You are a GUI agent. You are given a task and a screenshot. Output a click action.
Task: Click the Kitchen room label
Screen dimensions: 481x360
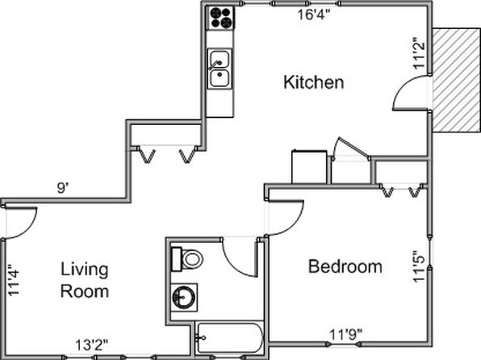pyautogui.click(x=313, y=82)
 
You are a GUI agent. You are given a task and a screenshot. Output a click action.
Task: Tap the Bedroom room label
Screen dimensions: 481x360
pyautogui.click(x=345, y=266)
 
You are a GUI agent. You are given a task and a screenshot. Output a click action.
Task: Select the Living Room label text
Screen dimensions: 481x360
pyautogui.click(x=85, y=280)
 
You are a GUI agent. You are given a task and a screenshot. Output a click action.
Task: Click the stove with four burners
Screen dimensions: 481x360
pyautogui.click(x=220, y=18)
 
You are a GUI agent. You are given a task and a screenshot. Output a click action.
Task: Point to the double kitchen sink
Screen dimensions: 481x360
pyautogui.click(x=220, y=69)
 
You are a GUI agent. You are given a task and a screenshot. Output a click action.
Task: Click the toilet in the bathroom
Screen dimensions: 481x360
pyautogui.click(x=187, y=259)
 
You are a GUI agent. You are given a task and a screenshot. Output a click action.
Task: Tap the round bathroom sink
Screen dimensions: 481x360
pyautogui.click(x=184, y=297)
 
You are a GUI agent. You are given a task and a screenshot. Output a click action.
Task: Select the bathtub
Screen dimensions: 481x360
pyautogui.click(x=229, y=337)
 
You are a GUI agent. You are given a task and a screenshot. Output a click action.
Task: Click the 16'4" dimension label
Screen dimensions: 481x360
pyautogui.click(x=315, y=15)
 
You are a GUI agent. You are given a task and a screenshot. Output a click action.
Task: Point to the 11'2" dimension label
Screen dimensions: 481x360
pyautogui.click(x=419, y=53)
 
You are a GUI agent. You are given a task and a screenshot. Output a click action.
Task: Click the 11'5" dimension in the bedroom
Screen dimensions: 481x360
pyautogui.click(x=419, y=266)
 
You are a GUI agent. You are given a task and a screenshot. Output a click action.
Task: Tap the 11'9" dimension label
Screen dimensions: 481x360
pyautogui.click(x=345, y=334)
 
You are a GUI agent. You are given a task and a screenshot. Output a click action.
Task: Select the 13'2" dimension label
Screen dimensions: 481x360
pyautogui.click(x=92, y=345)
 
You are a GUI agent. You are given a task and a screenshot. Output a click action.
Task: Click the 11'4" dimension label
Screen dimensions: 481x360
pyautogui.click(x=14, y=280)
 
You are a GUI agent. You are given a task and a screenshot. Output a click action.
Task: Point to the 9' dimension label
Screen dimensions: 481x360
pyautogui.click(x=62, y=187)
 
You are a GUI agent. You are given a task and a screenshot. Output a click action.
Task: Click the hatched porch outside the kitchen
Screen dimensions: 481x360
pyautogui.click(x=456, y=81)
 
